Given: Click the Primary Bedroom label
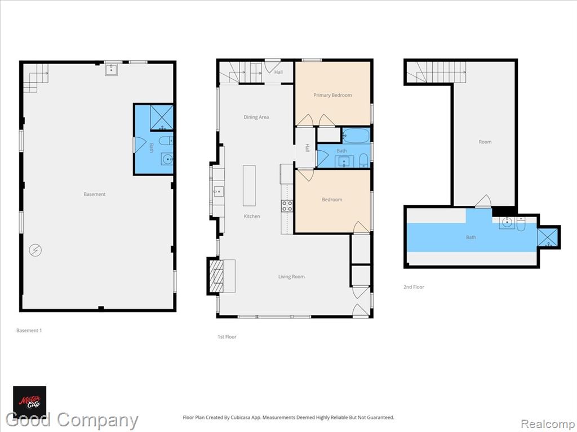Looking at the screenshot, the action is tap(332, 95).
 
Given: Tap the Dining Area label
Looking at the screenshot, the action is tap(256, 117).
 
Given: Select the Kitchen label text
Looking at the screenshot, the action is tap(252, 217).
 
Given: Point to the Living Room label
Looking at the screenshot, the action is tap(291, 277).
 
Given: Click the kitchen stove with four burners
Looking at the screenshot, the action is tap(287, 206).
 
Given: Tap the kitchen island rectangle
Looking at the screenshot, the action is tap(249, 186).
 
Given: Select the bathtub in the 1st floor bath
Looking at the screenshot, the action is tap(356, 136).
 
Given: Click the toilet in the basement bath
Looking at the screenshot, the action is tap(166, 141).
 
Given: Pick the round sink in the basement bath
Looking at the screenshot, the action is tap(167, 159).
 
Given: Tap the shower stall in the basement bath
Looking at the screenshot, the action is tap(162, 118).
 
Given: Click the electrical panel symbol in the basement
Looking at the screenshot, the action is tap(35, 250).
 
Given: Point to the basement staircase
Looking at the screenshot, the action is tap(35, 78).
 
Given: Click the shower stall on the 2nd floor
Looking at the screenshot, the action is tap(548, 237).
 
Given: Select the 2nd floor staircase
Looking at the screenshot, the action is tap(437, 72).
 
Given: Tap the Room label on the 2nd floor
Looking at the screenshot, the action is tap(485, 142).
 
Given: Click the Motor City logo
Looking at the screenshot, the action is tap(30, 400).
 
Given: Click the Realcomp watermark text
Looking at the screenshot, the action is tap(548, 424).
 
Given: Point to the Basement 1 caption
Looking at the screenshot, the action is tap(29, 331).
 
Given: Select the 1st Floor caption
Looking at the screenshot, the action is tap(227, 337).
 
